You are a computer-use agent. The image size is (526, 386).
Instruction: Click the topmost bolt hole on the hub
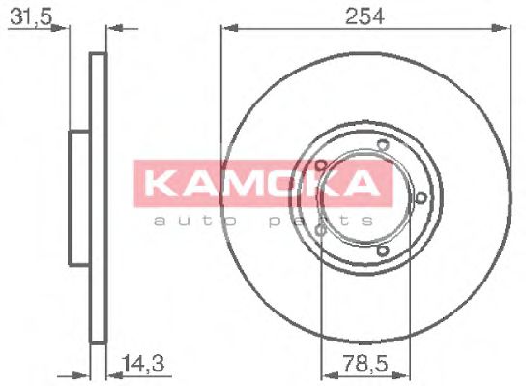point(382,147)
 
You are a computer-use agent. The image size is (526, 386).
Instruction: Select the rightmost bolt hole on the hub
point(423,198)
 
